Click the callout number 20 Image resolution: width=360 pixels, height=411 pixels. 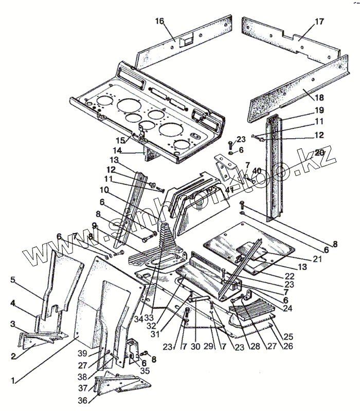[319, 152]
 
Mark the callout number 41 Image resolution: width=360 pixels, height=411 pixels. [230, 189]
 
